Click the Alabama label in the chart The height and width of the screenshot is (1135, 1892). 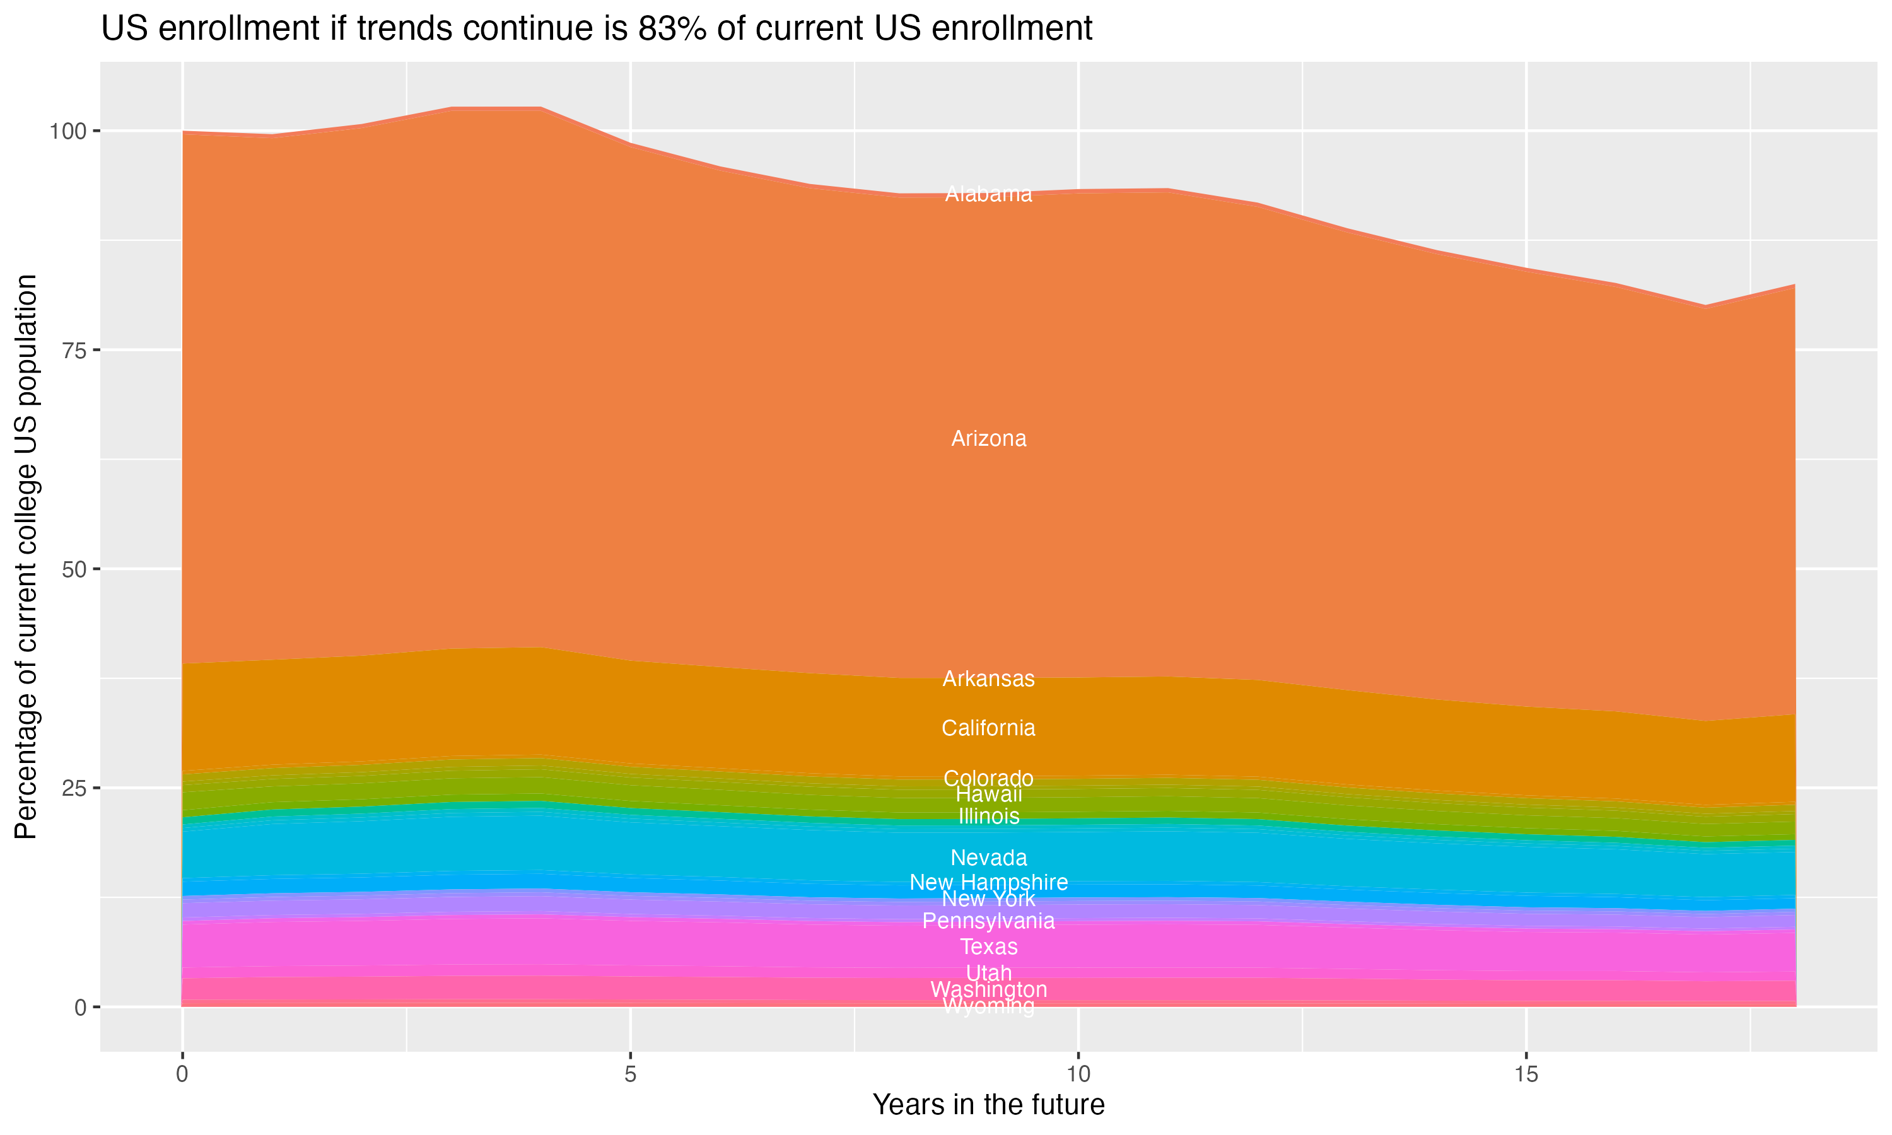988,194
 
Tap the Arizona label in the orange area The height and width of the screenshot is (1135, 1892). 988,439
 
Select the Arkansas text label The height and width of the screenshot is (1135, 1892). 988,679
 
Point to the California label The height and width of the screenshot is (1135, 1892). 988,728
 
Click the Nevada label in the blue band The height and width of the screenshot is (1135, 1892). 988,858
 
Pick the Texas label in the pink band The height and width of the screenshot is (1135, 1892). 988,947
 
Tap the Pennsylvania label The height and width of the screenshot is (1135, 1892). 988,921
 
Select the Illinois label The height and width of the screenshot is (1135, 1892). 988,816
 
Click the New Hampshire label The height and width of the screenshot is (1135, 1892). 988,882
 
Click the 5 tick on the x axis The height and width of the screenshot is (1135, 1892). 630,1074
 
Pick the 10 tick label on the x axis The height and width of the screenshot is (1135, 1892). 1078,1074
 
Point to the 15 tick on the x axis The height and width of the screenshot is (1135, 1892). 1526,1074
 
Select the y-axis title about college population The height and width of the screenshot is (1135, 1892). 26,556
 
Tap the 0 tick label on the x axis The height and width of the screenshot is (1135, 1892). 182,1074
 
